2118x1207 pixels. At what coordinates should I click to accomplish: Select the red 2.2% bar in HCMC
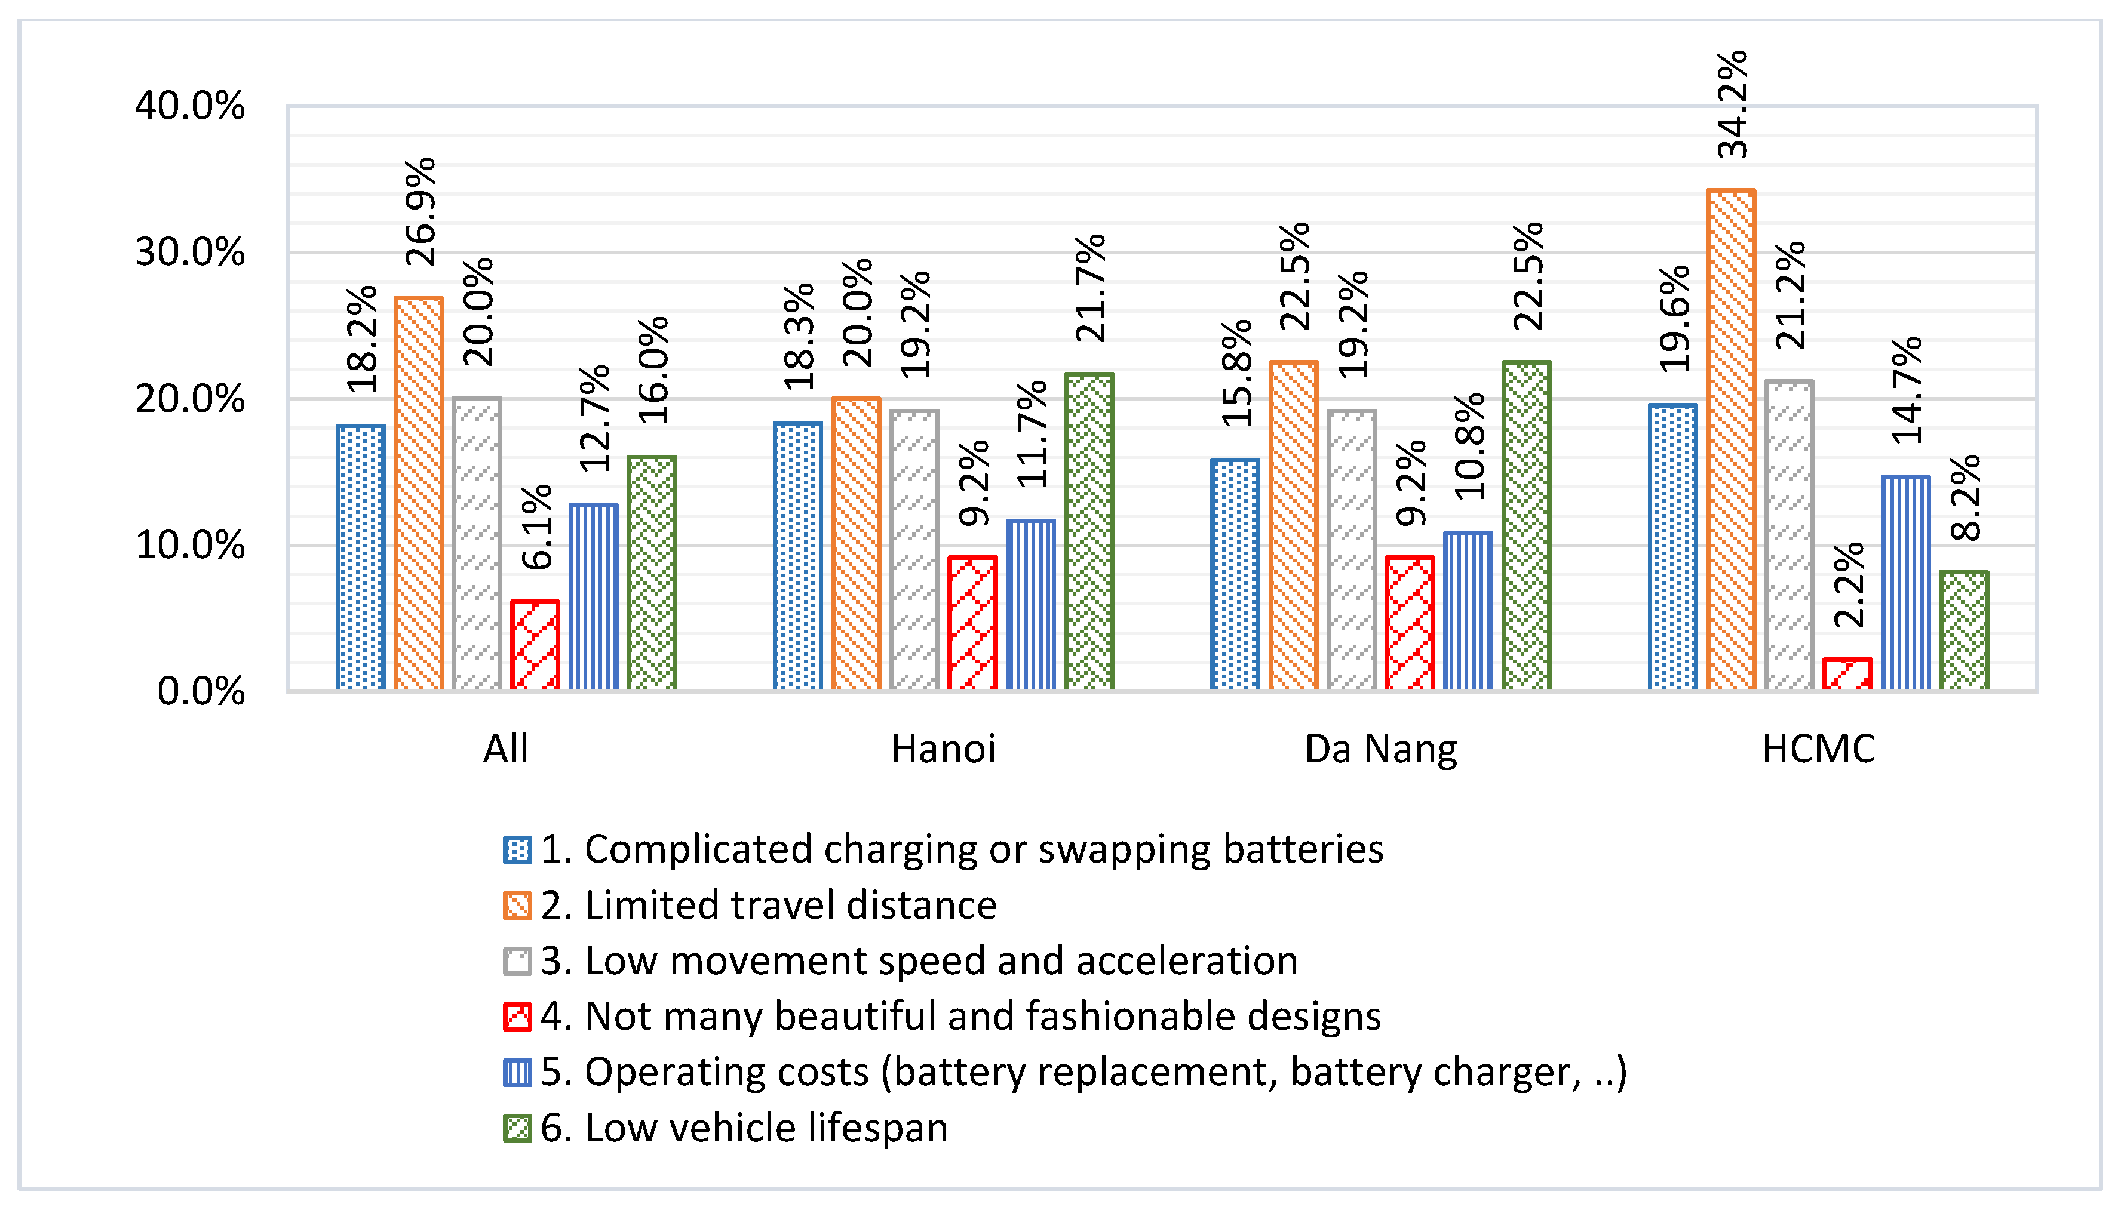1847,674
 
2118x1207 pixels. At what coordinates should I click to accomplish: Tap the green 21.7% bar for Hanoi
1088,531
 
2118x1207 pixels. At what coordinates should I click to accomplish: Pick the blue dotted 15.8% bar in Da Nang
1234,574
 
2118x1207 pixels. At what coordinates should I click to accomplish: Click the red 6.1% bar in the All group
535,645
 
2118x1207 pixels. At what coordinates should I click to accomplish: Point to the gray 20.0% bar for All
477,543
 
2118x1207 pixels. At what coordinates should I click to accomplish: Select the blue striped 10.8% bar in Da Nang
1467,611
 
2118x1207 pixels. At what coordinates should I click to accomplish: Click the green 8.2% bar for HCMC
1963,630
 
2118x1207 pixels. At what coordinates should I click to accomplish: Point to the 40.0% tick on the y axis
190,106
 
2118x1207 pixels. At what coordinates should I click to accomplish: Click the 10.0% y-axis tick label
190,546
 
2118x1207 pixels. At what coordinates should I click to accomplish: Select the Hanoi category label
943,749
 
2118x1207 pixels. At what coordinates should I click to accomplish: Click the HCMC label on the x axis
1818,749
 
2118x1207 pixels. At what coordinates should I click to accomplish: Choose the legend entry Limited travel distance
768,904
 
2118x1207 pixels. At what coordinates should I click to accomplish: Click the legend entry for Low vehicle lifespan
743,1128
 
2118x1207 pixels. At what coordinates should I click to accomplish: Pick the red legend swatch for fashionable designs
517,1017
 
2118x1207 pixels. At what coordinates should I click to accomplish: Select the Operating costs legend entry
1083,1072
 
